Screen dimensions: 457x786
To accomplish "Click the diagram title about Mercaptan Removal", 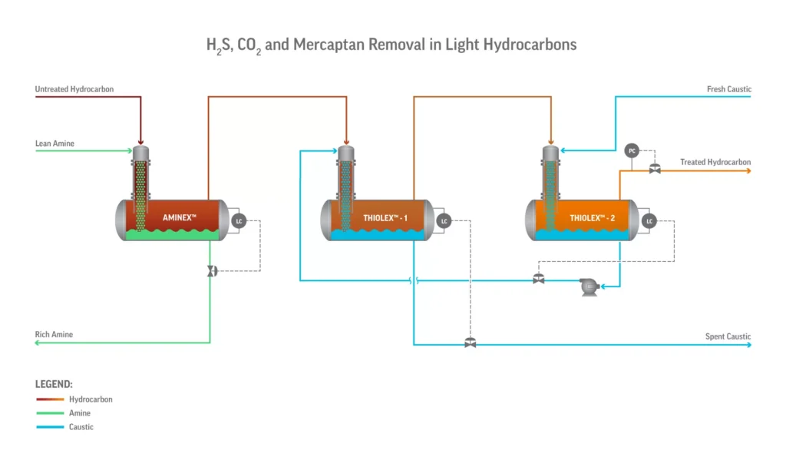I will (391, 45).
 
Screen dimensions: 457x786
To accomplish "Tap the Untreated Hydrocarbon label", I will (74, 90).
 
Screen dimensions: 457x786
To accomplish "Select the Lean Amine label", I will (54, 144).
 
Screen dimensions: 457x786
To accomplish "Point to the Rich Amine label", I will (54, 335).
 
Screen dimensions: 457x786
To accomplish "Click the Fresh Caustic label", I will (728, 90).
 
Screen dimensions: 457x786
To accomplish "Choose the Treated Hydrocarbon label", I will (715, 162).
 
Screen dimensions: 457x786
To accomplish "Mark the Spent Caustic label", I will (728, 337).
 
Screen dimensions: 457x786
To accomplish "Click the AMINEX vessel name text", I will (180, 218).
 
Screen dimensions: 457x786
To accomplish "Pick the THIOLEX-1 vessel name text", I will (385, 219).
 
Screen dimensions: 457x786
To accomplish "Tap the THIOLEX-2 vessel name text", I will (591, 219).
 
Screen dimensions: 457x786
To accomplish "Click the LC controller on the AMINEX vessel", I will (239, 221).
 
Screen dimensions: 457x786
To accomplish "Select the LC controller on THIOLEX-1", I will (444, 221).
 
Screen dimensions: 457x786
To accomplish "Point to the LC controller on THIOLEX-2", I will (649, 221).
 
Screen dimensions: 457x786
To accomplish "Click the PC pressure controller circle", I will (632, 150).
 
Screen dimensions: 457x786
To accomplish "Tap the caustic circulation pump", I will (589, 287).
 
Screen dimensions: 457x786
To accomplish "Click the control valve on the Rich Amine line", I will (211, 271).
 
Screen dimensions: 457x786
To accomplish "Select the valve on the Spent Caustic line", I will (471, 343).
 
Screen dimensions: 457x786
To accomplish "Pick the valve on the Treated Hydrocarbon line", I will (655, 169).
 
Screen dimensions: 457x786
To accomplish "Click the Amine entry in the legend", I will (80, 413).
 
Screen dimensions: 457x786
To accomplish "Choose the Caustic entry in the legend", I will (81, 427).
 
